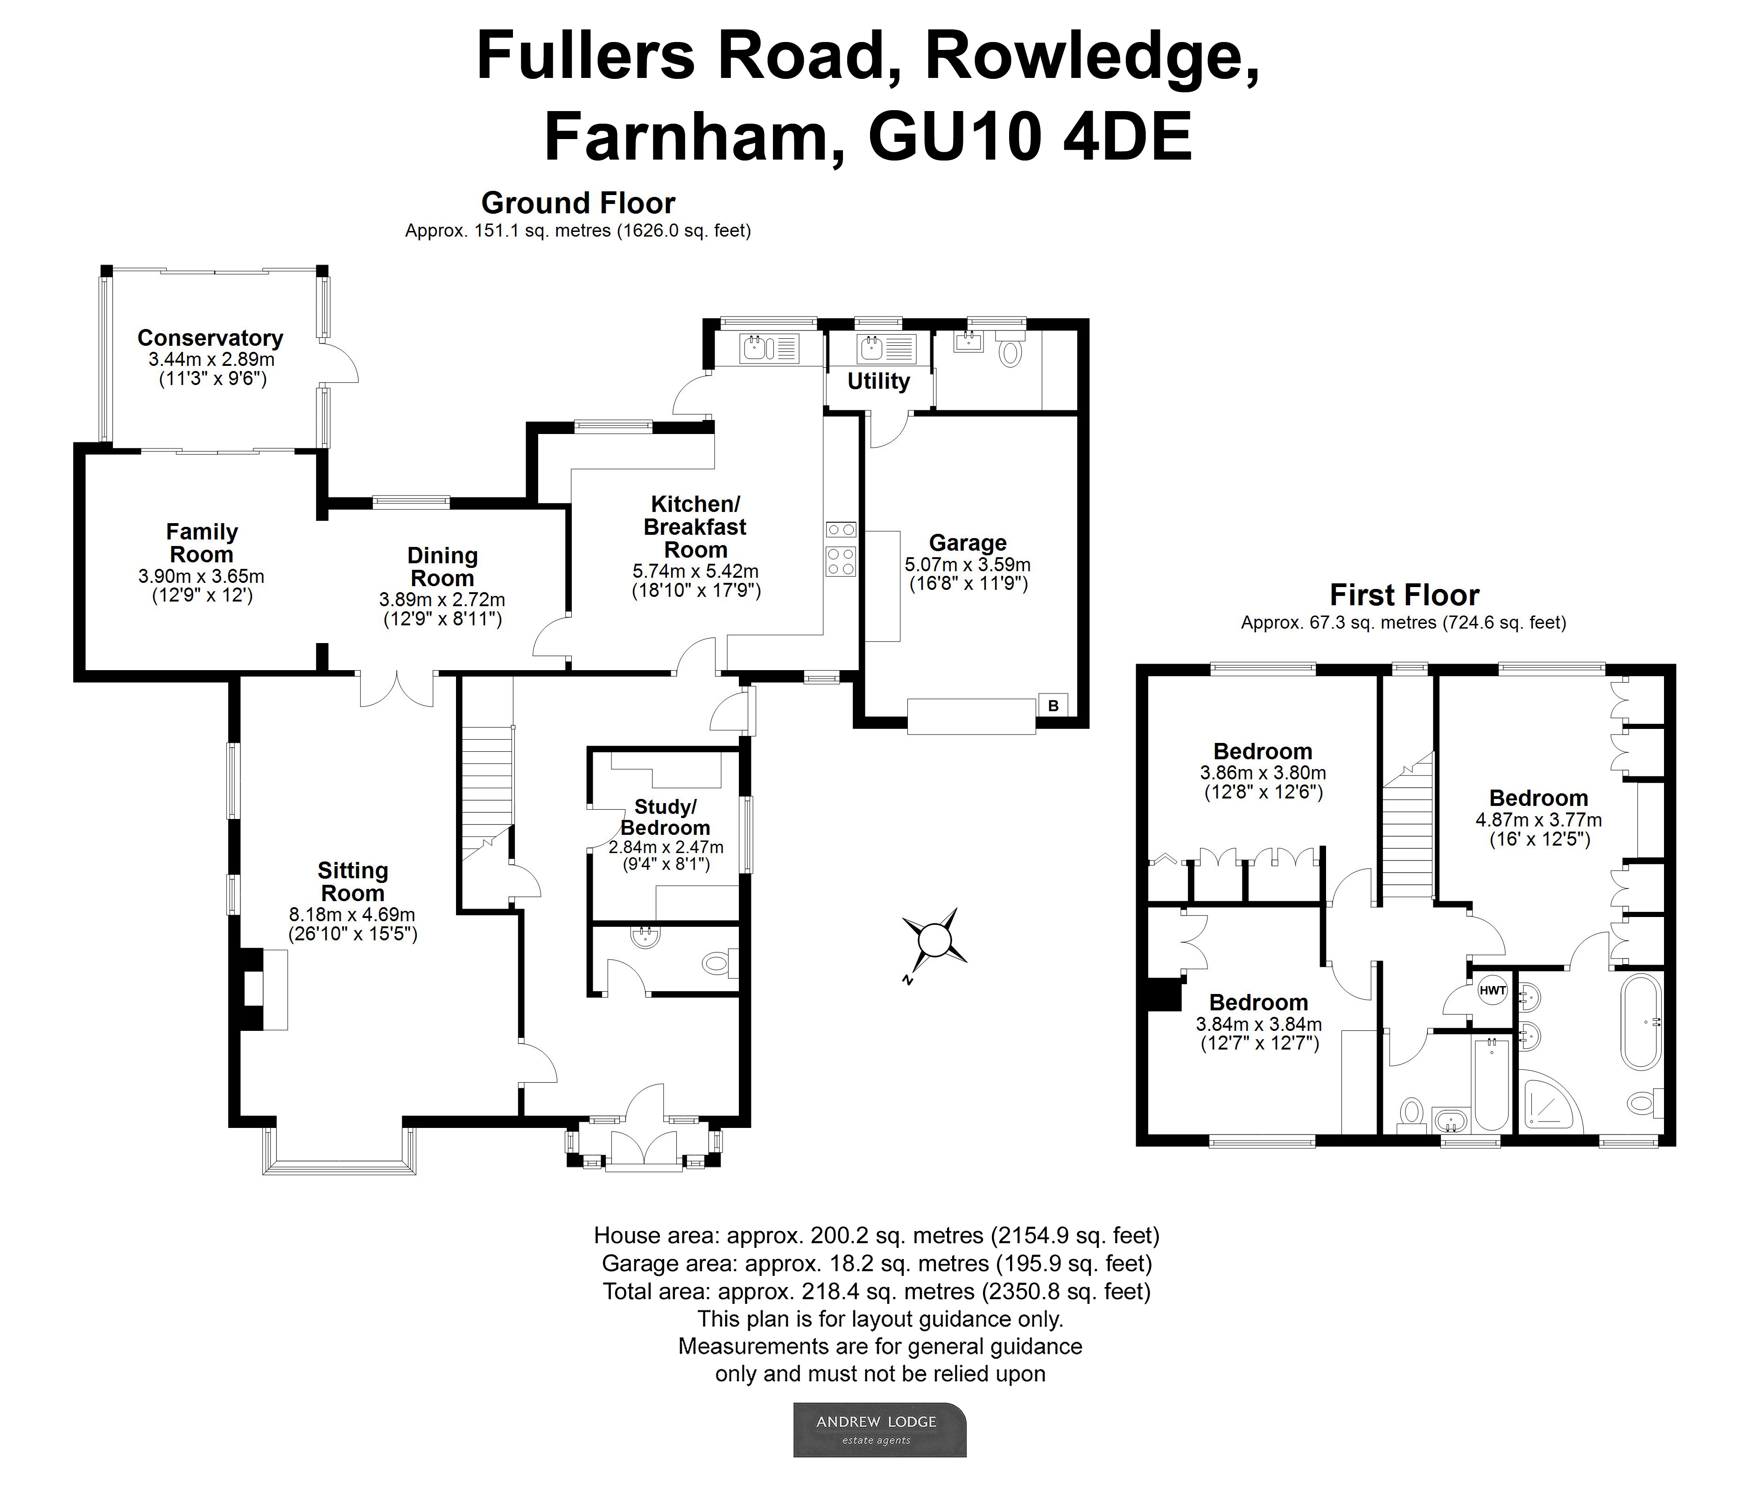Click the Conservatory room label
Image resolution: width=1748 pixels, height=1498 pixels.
point(210,338)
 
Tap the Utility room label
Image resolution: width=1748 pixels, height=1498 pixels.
point(878,381)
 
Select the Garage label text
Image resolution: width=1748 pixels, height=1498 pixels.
point(968,543)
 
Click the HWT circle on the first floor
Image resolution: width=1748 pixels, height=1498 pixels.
point(1492,990)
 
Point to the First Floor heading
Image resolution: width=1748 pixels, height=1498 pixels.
point(1404,595)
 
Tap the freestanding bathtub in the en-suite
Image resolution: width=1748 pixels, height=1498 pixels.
point(1641,1022)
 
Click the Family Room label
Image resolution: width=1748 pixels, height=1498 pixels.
point(202,543)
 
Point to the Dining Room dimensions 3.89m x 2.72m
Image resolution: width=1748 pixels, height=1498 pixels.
point(442,600)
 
